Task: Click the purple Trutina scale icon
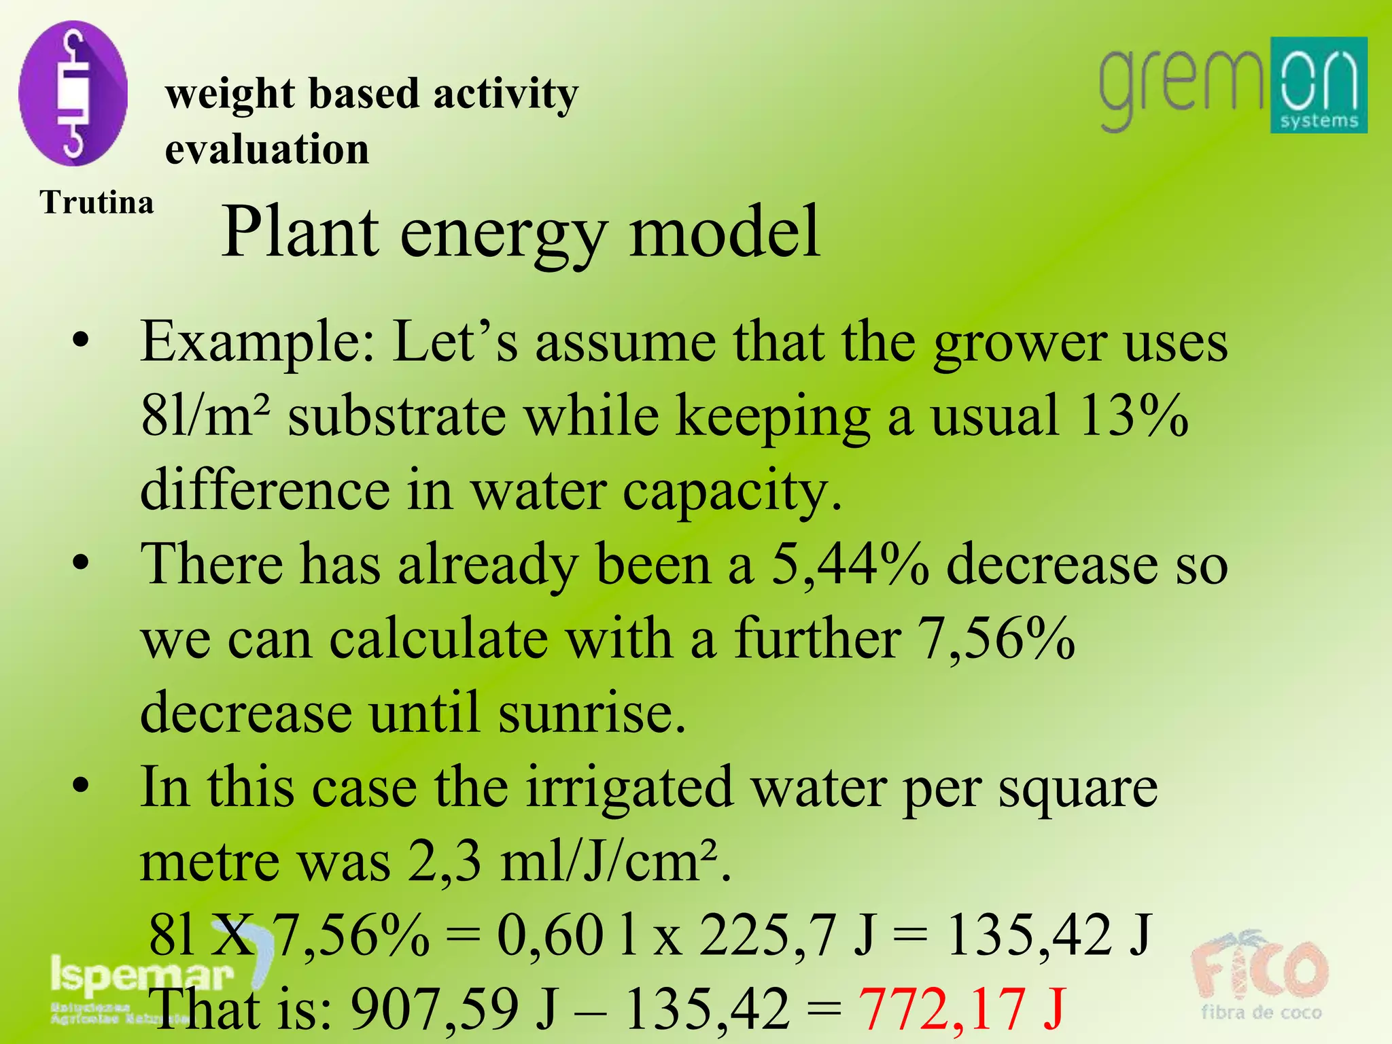pyautogui.click(x=73, y=93)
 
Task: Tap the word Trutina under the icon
pyautogui.click(x=97, y=203)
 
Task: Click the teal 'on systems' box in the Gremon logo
pyautogui.click(x=1319, y=85)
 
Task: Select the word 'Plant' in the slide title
pyautogui.click(x=300, y=233)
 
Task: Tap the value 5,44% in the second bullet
pyautogui.click(x=850, y=564)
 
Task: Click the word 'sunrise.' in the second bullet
pyautogui.click(x=592, y=712)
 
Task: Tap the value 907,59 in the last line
pyautogui.click(x=434, y=1009)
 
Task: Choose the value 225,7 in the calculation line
pyautogui.click(x=767, y=935)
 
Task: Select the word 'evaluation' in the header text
pyautogui.click(x=267, y=149)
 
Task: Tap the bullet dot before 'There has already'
pyautogui.click(x=81, y=563)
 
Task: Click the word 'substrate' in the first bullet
pyautogui.click(x=397, y=416)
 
